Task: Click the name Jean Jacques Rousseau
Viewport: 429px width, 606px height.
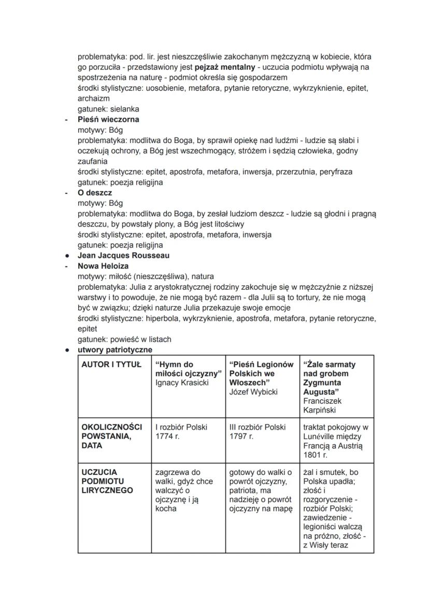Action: (123, 256)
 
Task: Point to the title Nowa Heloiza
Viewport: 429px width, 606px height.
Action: (103, 266)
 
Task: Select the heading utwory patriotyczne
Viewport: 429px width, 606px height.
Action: (115, 350)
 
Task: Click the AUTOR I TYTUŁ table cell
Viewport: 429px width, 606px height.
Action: (111, 364)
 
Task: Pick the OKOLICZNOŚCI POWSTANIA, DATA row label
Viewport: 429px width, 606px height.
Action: (111, 436)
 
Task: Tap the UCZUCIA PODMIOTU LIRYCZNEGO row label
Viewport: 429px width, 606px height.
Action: (107, 481)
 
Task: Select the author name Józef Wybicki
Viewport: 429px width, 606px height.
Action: (253, 392)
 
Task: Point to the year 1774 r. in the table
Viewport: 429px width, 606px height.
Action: (167, 436)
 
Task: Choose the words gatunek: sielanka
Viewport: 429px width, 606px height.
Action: (108, 109)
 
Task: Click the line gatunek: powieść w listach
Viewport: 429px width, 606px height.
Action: (124, 340)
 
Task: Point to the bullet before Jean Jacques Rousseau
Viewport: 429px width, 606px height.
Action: (67, 256)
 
